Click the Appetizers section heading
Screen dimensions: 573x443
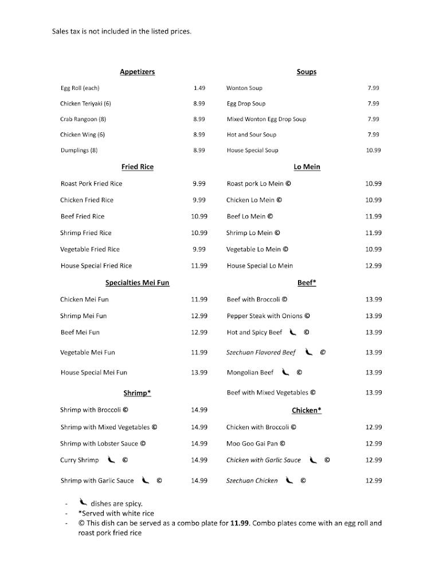pyautogui.click(x=137, y=72)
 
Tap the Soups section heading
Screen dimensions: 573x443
pyautogui.click(x=306, y=72)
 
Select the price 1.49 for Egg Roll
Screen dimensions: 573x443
pyautogui.click(x=199, y=88)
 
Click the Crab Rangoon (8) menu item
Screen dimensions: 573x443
pyautogui.click(x=83, y=119)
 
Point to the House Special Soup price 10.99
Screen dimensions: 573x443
pyautogui.click(x=373, y=150)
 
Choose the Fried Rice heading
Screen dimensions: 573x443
pyautogui.click(x=138, y=167)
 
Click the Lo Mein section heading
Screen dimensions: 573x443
pyautogui.click(x=307, y=167)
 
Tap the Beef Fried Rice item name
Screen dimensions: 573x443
pyautogui.click(x=83, y=217)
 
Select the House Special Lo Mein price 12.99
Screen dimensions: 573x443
pyautogui.click(x=373, y=266)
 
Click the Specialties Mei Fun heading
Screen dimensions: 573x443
pyautogui.click(x=137, y=282)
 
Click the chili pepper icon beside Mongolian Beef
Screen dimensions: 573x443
pyautogui.click(x=285, y=372)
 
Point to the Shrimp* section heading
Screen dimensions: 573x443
pyautogui.click(x=137, y=393)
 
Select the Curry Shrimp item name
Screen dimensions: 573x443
pyautogui.click(x=79, y=460)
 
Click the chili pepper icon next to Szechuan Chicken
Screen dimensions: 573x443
pyautogui.click(x=289, y=481)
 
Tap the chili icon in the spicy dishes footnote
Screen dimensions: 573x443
pyautogui.click(x=83, y=503)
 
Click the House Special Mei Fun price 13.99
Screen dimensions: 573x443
pyautogui.click(x=199, y=372)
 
